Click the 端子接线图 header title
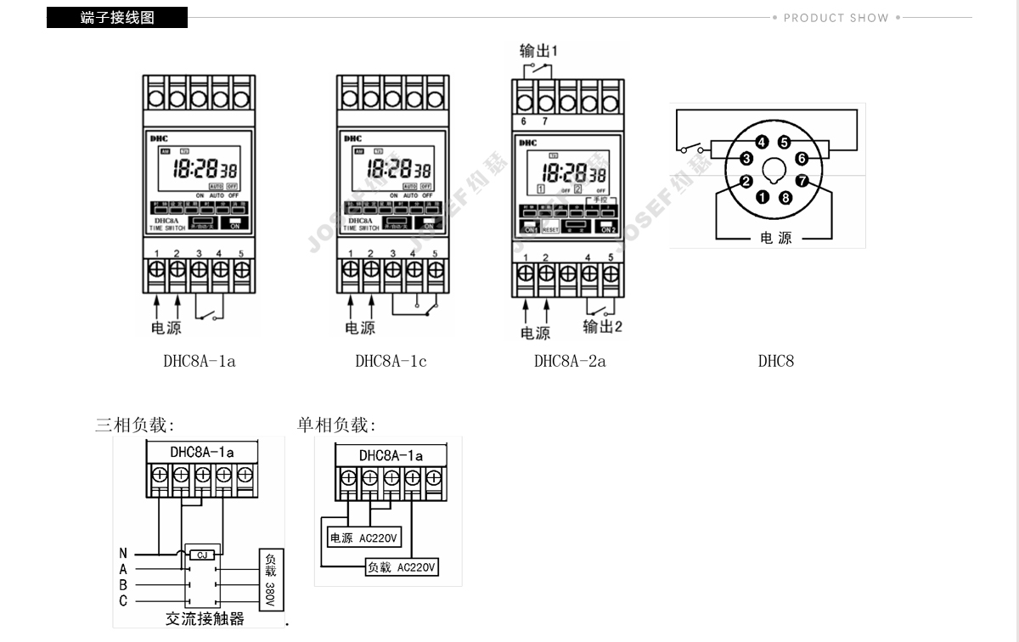tap(117, 18)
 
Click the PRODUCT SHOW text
tap(836, 18)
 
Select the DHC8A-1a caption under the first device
tap(200, 361)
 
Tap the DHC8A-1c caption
tap(391, 361)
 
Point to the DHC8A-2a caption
tap(570, 361)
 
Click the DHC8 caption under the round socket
tap(776, 361)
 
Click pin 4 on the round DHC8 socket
tap(762, 143)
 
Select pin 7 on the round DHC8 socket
tap(802, 180)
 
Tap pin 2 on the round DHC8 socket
tap(746, 180)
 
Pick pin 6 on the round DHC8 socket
tap(801, 158)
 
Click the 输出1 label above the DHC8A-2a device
tap(538, 51)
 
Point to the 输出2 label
tap(602, 327)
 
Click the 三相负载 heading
tap(134, 425)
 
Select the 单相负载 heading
tap(336, 425)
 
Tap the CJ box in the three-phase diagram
tap(202, 554)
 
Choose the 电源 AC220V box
tap(364, 538)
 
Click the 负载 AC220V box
tap(402, 566)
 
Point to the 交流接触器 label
tap(205, 619)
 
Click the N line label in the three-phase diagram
tap(123, 554)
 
